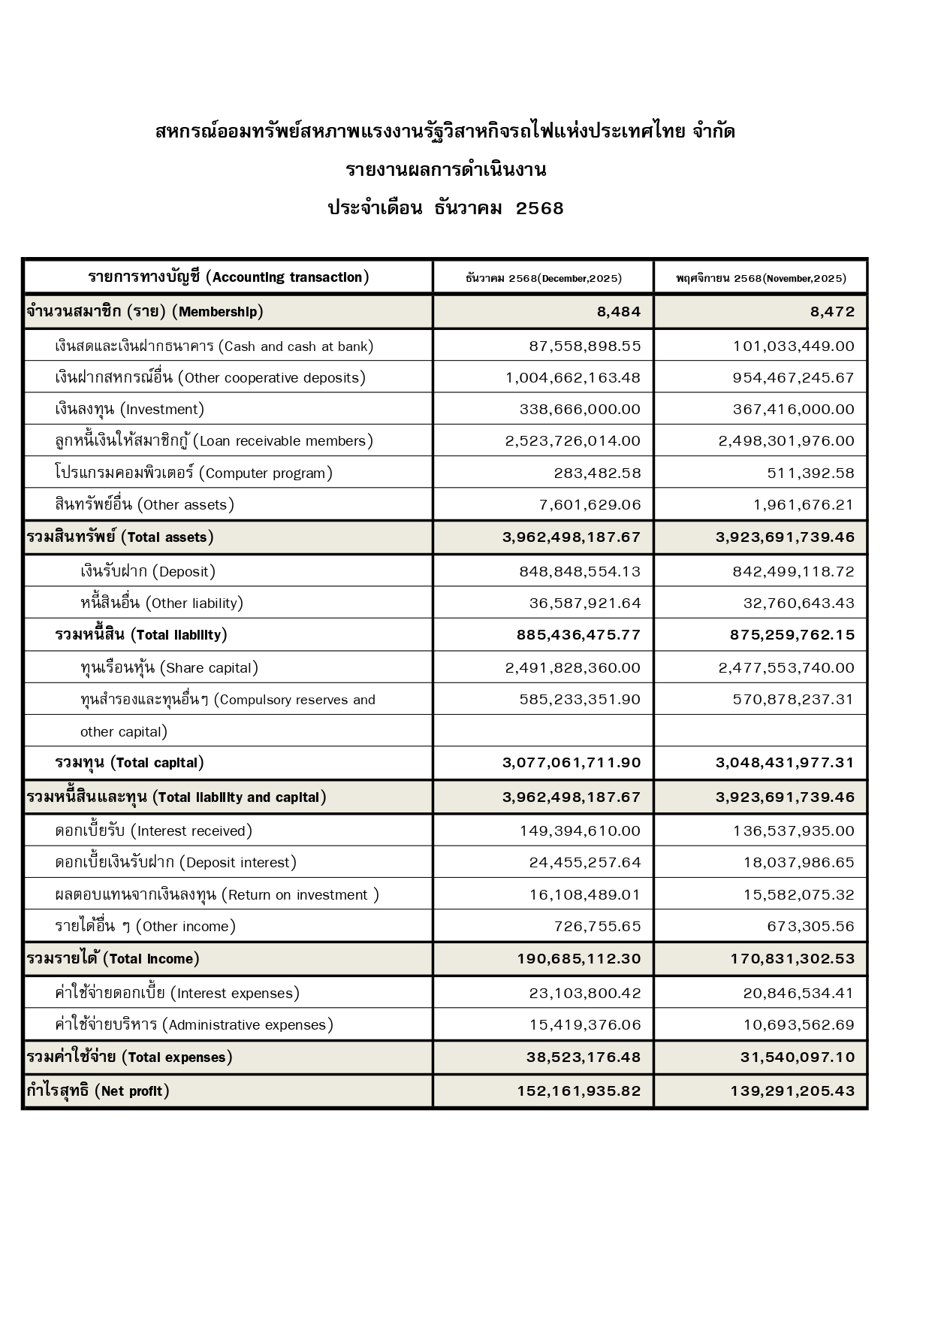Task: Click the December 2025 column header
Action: tap(543, 278)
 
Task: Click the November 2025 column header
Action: tap(760, 278)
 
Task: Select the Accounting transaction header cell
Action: tap(228, 277)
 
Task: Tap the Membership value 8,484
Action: tap(619, 312)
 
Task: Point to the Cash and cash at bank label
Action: tap(214, 346)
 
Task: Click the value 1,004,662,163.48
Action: tap(573, 378)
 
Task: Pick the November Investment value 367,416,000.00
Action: tap(793, 410)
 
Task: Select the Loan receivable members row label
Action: tap(214, 441)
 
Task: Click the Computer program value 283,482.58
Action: tap(591, 473)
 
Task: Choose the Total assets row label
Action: tap(120, 537)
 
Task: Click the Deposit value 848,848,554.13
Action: tap(580, 572)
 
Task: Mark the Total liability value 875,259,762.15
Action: tap(792, 635)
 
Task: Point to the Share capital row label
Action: tap(169, 668)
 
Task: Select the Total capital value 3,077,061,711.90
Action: tap(572, 763)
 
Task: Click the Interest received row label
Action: tap(154, 831)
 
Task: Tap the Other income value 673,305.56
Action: tap(810, 927)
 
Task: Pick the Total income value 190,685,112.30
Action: tap(578, 959)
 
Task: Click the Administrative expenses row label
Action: tap(195, 1025)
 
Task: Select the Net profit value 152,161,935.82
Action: tap(578, 1091)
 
